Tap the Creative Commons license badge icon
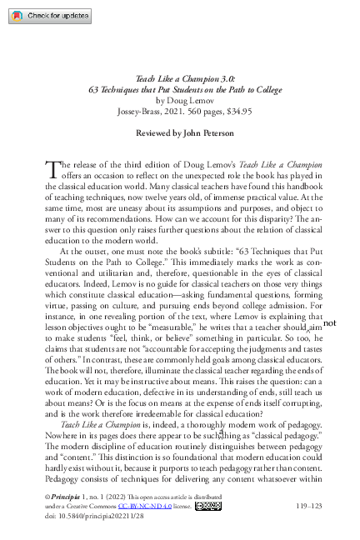click(x=209, y=505)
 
